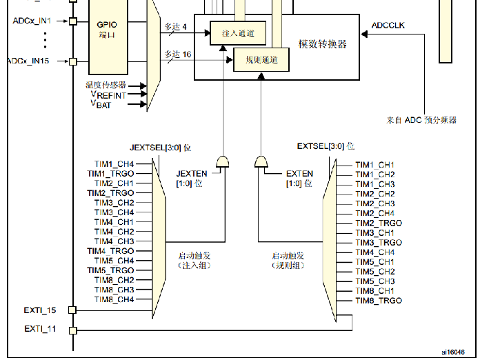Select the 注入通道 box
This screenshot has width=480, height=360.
[x=237, y=34]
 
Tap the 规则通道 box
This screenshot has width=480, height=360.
[x=261, y=61]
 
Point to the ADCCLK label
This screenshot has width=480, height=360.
[x=389, y=26]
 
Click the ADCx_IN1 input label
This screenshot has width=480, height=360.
[x=32, y=21]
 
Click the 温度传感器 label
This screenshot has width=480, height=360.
[x=106, y=85]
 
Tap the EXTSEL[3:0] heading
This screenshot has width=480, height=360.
[x=326, y=146]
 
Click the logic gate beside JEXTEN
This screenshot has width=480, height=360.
[x=223, y=162]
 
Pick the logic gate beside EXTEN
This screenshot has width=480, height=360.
[x=261, y=162]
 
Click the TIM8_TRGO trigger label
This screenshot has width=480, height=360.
[x=378, y=301]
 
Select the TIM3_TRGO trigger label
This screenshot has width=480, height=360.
[x=378, y=243]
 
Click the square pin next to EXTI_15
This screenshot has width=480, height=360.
[x=72, y=310]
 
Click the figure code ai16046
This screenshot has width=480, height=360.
[x=452, y=350]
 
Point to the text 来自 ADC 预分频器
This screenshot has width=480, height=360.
[x=421, y=120]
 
